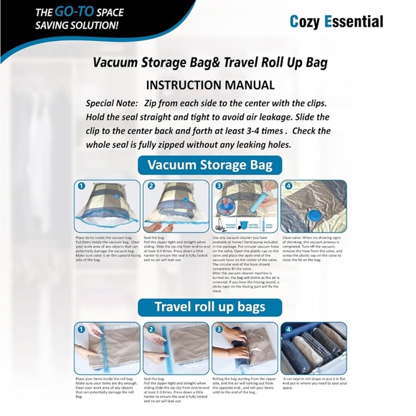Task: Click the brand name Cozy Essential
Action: click(336, 22)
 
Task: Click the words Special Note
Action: click(112, 103)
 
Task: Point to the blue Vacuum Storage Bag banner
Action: click(210, 165)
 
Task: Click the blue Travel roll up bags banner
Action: click(210, 307)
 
